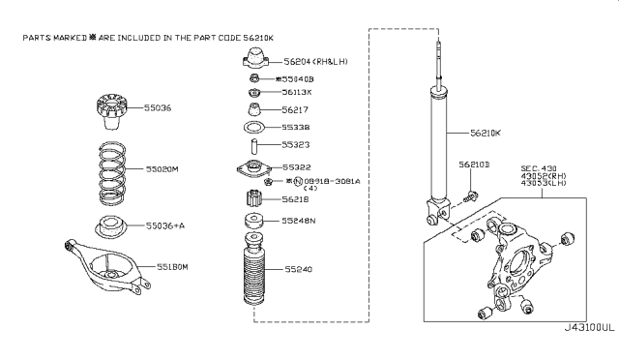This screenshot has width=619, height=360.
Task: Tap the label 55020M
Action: pyautogui.click(x=162, y=168)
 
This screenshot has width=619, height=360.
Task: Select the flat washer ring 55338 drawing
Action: pyautogui.click(x=253, y=128)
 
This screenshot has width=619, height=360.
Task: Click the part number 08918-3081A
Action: pyautogui.click(x=334, y=180)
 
